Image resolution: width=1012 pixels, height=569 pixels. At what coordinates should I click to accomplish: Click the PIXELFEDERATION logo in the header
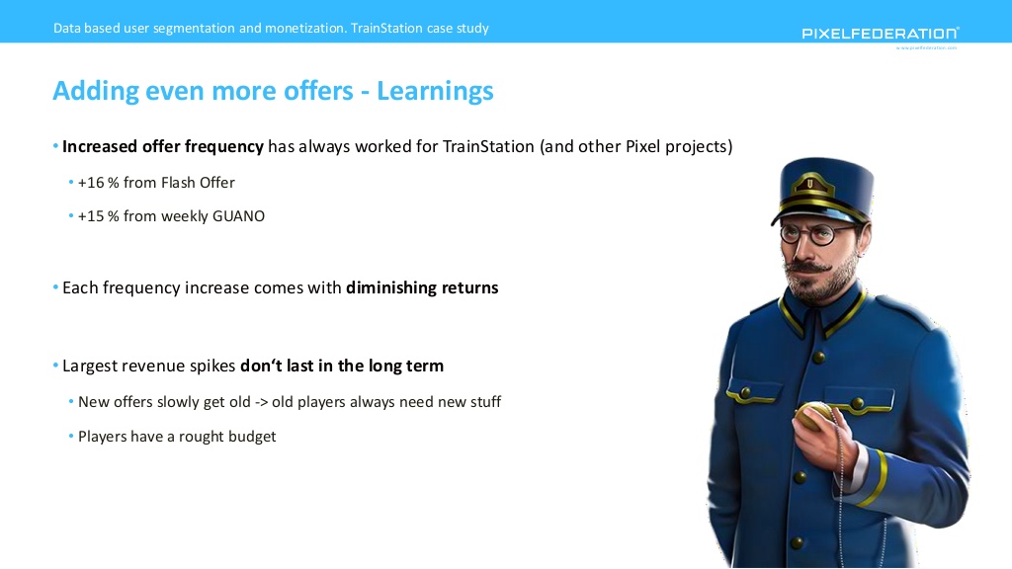click(x=881, y=33)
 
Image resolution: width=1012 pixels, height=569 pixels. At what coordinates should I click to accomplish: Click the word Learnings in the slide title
click(x=435, y=91)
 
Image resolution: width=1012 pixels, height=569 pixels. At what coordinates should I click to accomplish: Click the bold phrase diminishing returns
click(x=422, y=287)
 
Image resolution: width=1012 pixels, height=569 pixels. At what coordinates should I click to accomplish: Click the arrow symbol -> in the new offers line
click(x=261, y=403)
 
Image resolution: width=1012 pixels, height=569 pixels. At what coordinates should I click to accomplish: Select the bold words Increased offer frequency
click(x=163, y=147)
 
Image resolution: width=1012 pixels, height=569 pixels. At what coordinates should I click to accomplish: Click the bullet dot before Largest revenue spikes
click(x=55, y=366)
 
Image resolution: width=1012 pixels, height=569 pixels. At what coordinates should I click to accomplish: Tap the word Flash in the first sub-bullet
click(x=178, y=183)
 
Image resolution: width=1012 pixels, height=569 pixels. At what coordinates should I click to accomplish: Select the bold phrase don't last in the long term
click(x=342, y=366)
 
